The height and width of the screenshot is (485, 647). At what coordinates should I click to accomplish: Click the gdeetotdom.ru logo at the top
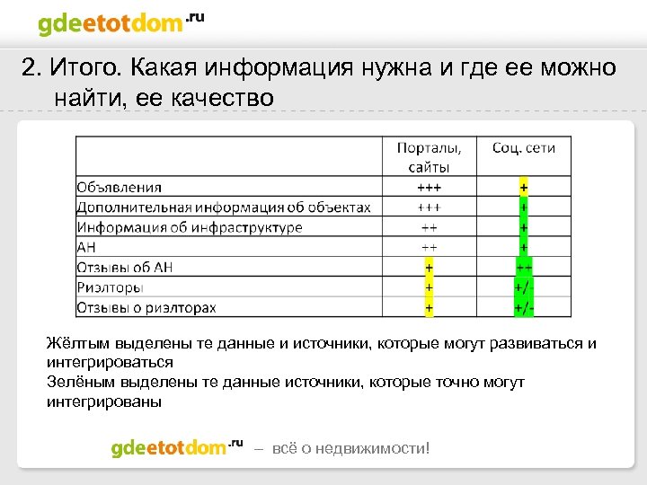(120, 23)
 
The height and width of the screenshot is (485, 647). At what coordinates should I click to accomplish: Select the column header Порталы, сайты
(430, 157)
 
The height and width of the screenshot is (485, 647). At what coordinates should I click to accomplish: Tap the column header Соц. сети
(524, 148)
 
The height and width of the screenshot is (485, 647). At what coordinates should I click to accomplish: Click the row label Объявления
(120, 187)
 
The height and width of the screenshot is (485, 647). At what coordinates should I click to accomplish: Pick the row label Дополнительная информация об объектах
(224, 207)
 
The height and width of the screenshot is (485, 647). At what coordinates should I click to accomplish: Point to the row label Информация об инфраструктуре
(190, 227)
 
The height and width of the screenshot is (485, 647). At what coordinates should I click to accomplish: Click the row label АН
(86, 248)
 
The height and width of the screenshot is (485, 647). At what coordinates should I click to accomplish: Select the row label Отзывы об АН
(125, 268)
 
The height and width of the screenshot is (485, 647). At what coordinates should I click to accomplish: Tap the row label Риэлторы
(109, 288)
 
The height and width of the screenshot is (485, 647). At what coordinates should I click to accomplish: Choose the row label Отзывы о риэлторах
(146, 308)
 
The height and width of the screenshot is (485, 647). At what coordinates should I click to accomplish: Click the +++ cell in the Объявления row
(430, 187)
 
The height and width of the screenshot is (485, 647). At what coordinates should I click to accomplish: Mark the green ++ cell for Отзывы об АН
(524, 268)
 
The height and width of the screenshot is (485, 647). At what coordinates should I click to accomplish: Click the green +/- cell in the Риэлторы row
(524, 288)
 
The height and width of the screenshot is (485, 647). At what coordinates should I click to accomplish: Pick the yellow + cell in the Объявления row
(524, 187)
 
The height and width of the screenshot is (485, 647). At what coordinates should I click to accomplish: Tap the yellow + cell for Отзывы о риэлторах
(430, 308)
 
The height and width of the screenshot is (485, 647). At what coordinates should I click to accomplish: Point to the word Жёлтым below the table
(77, 344)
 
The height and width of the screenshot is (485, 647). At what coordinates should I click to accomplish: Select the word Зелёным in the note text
(79, 383)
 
